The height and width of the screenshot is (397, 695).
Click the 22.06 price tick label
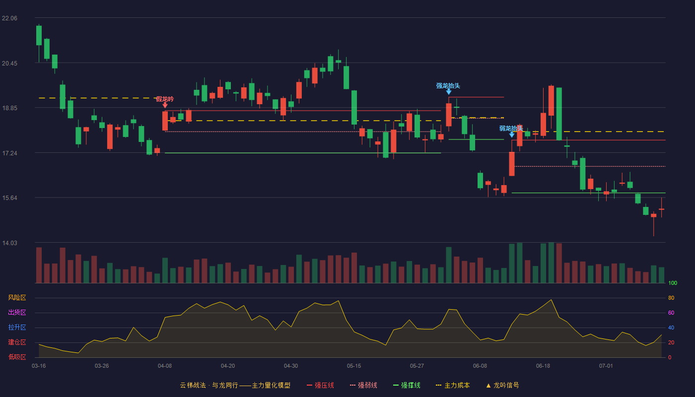click(x=9, y=18)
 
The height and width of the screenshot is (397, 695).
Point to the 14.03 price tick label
click(x=9, y=243)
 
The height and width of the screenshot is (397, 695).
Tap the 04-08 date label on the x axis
click(x=165, y=366)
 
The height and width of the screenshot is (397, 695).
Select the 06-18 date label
click(x=543, y=366)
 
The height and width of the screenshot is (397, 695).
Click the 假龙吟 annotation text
click(x=165, y=99)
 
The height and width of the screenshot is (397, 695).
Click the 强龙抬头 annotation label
click(x=448, y=85)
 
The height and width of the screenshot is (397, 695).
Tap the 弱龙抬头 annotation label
click(x=511, y=129)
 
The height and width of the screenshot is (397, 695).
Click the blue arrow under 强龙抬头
click(x=449, y=92)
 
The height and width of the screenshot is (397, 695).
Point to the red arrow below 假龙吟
click(x=165, y=105)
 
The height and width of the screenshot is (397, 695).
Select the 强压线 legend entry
click(x=320, y=385)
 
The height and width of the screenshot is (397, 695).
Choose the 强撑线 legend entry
click(x=407, y=385)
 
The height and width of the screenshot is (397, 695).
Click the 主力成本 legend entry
click(x=453, y=385)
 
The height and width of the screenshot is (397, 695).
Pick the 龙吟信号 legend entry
click(x=502, y=385)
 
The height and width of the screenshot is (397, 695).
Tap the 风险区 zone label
click(x=17, y=298)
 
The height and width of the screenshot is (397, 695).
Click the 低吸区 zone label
click(x=17, y=357)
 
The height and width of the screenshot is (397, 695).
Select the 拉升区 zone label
click(x=17, y=328)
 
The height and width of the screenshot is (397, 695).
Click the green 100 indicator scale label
click(x=673, y=283)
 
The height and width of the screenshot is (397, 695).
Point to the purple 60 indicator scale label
click(x=671, y=313)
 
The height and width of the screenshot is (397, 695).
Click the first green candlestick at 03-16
click(x=39, y=35)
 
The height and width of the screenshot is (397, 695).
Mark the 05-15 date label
click(x=354, y=366)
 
